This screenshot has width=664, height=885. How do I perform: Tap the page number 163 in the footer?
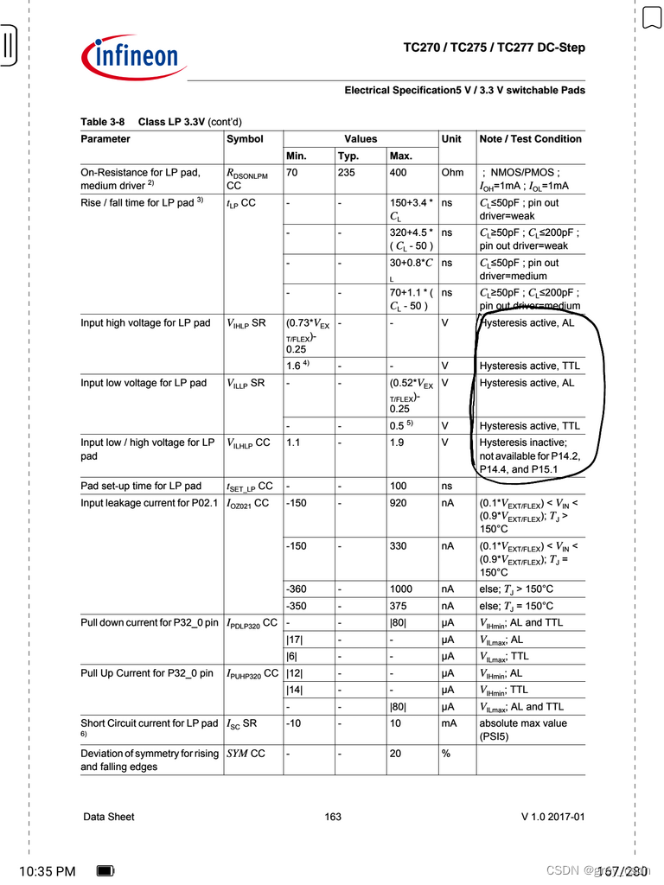click(x=333, y=817)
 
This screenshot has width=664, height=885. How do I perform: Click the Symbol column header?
click(x=245, y=139)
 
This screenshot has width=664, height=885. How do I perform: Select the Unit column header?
click(x=451, y=139)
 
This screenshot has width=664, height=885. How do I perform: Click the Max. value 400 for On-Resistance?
click(x=399, y=173)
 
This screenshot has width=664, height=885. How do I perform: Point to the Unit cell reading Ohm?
click(x=452, y=173)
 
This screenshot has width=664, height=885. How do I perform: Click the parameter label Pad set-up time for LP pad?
click(x=141, y=486)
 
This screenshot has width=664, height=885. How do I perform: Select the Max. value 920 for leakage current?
click(x=399, y=503)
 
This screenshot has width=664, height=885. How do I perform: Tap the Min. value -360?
click(x=296, y=589)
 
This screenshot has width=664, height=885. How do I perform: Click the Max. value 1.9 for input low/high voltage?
click(x=397, y=442)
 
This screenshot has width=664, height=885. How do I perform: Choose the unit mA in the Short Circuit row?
click(x=448, y=723)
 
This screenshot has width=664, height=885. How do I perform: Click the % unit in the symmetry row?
click(x=446, y=754)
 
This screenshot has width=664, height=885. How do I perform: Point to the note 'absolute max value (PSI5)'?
click(x=523, y=730)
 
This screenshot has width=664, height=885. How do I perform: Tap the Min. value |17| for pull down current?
click(x=294, y=640)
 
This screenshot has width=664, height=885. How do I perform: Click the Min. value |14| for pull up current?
click(x=294, y=690)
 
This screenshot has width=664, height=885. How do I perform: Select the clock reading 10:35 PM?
click(x=47, y=871)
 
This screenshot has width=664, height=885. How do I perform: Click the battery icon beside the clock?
click(x=105, y=871)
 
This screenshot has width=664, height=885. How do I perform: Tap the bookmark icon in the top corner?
click(x=651, y=16)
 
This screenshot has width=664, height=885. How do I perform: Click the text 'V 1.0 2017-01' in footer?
click(x=552, y=817)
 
